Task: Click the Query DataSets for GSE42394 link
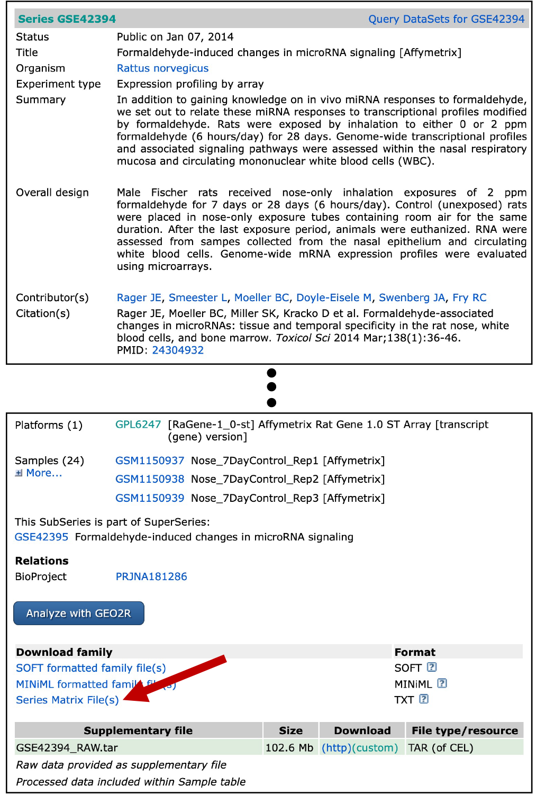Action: pyautogui.click(x=446, y=19)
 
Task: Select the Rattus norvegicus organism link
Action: pyautogui.click(x=162, y=68)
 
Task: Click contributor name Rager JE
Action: pyautogui.click(x=139, y=297)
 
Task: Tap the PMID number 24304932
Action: pyautogui.click(x=178, y=350)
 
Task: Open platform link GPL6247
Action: pyautogui.click(x=138, y=425)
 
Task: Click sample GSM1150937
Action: pyautogui.click(x=150, y=461)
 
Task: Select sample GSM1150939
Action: pyautogui.click(x=150, y=498)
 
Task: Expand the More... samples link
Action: pyautogui.click(x=43, y=473)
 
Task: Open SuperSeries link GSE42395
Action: pyautogui.click(x=41, y=537)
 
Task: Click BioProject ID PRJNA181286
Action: pyautogui.click(x=151, y=576)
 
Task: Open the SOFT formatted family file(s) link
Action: pyautogui.click(x=90, y=668)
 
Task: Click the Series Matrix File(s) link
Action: pyautogui.click(x=67, y=700)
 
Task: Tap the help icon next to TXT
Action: pyautogui.click(x=424, y=699)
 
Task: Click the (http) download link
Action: pyautogui.click(x=336, y=747)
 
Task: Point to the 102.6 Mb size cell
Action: pyautogui.click(x=289, y=747)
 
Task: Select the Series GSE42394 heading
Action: pyautogui.click(x=67, y=19)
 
